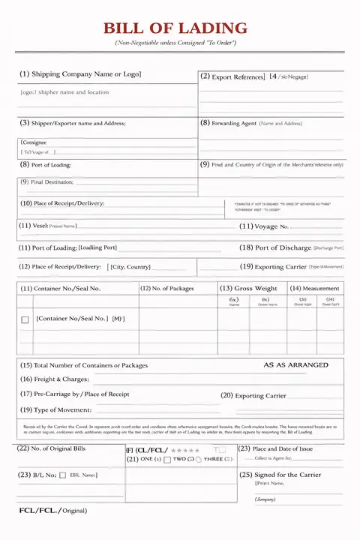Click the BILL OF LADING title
[x=175, y=28]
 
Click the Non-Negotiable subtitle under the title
[x=175, y=43]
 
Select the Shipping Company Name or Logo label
[x=80, y=74]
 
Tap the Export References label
[x=232, y=76]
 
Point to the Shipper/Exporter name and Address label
[x=73, y=123]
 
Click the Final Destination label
[x=46, y=181]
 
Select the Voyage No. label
[x=264, y=226]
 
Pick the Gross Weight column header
[x=248, y=288]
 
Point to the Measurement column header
[x=315, y=288]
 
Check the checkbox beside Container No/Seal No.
[x=25, y=319]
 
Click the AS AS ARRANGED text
[x=295, y=365]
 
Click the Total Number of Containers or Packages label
[x=84, y=365]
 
